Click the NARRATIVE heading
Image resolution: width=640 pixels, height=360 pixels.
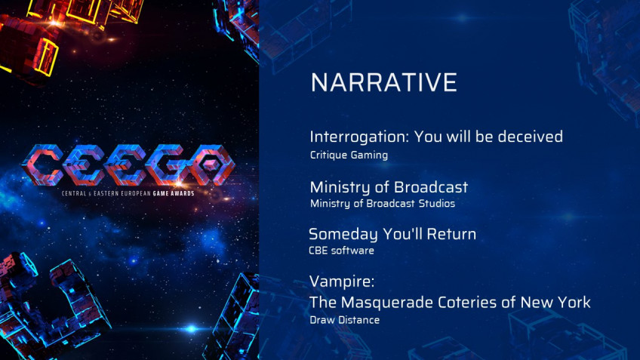coord(383,82)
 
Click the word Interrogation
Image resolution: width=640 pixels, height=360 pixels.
coord(359,137)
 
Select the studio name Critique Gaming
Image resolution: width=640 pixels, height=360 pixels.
coord(349,155)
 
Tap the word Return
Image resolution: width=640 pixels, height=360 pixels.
coord(451,234)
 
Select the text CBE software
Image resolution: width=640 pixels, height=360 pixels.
coord(341,251)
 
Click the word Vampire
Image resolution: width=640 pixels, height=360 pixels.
coord(342,282)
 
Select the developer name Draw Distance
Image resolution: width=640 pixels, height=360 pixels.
coord(344,320)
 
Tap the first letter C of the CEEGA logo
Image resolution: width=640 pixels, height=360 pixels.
coord(42,165)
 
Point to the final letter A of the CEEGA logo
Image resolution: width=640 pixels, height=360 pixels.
coord(212,165)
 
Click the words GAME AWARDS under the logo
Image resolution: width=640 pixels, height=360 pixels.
coord(174,193)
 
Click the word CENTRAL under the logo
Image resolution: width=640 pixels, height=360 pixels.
coord(74,193)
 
